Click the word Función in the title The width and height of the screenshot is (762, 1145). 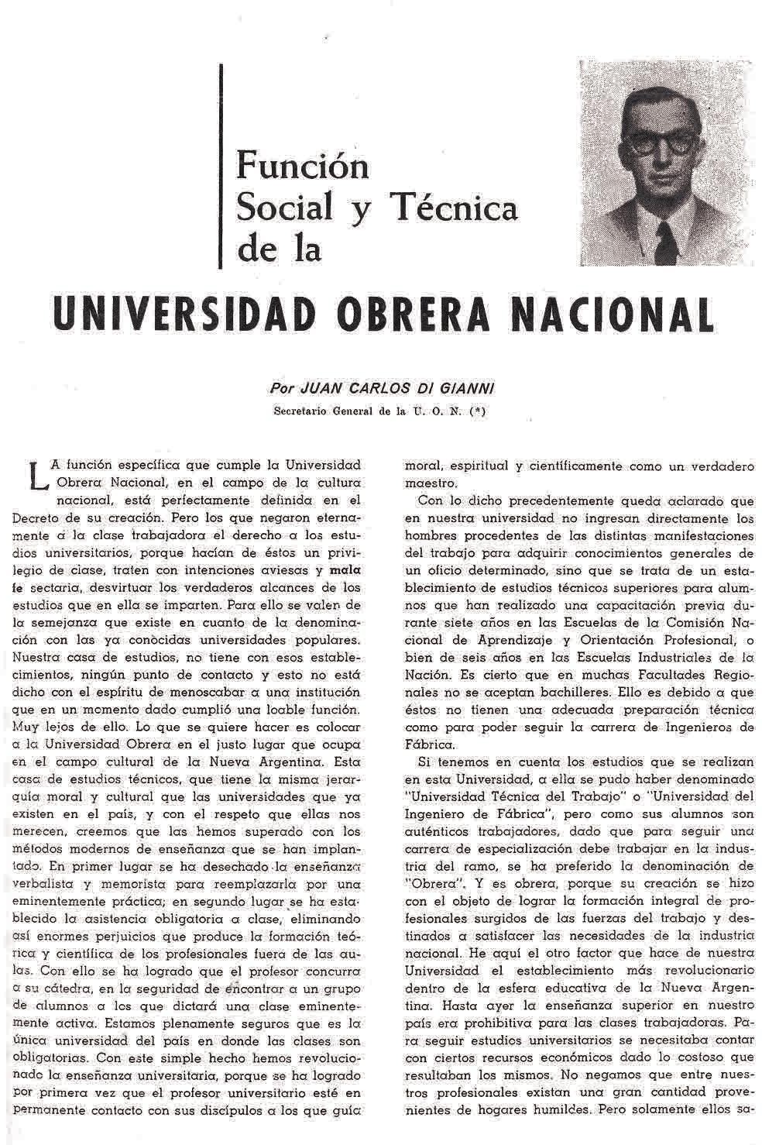[302, 165]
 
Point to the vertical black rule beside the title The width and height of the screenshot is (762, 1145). [222, 167]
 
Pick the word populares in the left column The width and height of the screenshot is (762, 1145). [328, 640]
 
